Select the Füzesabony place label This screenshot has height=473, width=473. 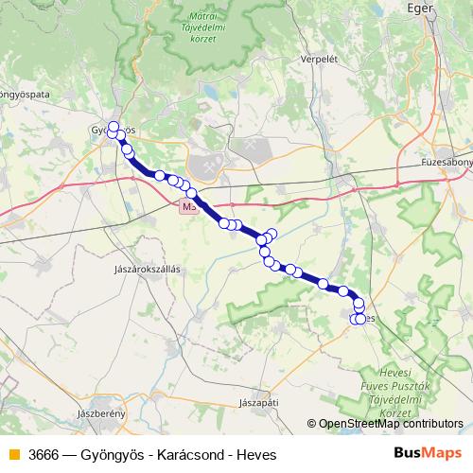tap(447, 163)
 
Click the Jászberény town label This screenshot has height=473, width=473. tap(102, 414)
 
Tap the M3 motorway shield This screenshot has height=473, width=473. tap(190, 205)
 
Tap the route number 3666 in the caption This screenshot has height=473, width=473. tap(46, 455)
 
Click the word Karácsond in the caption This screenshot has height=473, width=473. tap(193, 455)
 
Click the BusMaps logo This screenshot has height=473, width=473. tap(428, 454)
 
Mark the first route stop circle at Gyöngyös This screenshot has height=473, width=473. tap(114, 127)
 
